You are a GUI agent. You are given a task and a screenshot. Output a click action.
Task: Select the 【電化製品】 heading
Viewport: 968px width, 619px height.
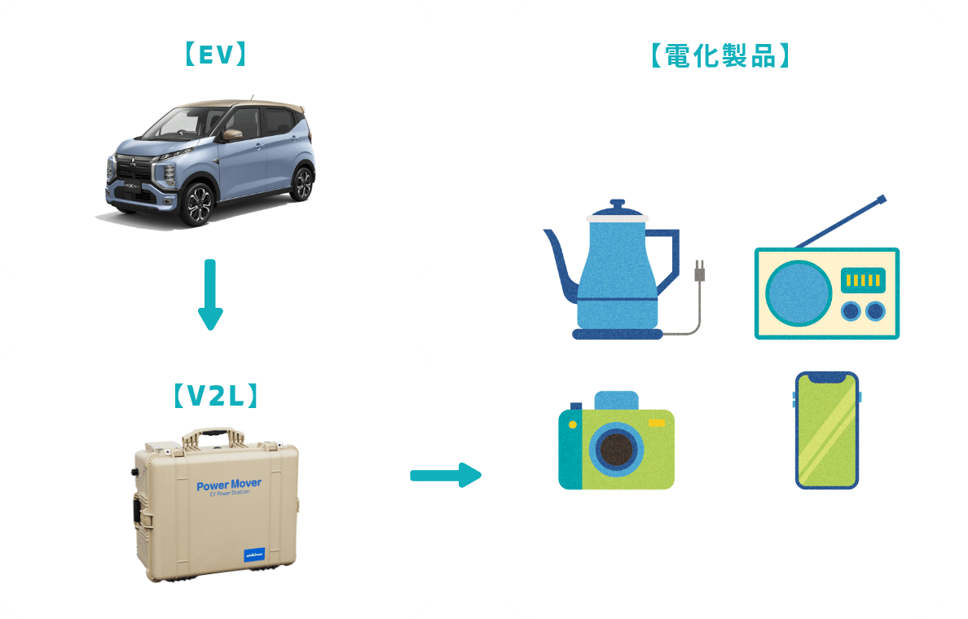(720, 55)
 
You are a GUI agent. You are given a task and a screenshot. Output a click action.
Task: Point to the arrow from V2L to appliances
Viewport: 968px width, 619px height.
(445, 475)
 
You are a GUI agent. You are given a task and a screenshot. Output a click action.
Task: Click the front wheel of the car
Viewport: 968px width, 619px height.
(196, 204)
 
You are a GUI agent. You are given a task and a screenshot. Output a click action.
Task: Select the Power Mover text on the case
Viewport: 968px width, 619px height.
(229, 485)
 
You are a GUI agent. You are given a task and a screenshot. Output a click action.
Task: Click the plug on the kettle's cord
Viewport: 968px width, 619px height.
(697, 271)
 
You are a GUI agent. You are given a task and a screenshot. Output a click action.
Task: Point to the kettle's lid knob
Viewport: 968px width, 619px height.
(617, 203)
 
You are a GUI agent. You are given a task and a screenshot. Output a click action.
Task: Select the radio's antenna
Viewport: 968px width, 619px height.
(842, 221)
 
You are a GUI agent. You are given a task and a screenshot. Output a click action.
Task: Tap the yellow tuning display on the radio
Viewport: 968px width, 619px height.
(865, 281)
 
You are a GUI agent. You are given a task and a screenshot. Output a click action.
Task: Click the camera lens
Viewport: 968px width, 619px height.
(617, 450)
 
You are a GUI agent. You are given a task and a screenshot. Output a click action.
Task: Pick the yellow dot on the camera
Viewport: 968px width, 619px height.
(573, 424)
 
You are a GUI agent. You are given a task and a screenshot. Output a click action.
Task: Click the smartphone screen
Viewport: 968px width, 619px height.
(826, 431)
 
